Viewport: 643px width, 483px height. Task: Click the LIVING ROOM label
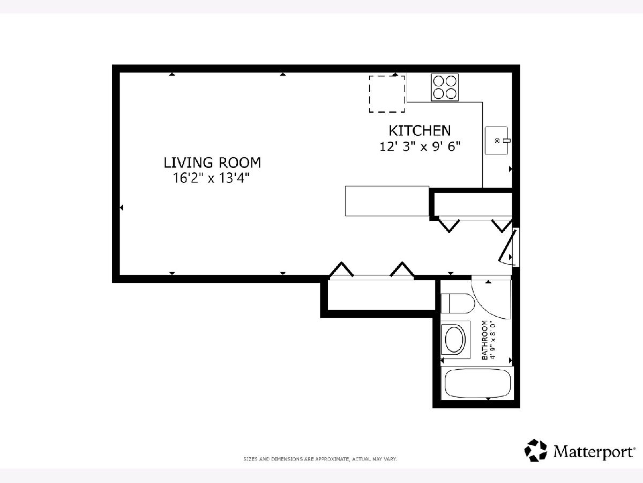(x=212, y=163)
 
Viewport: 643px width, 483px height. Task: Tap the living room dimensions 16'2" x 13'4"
(x=211, y=178)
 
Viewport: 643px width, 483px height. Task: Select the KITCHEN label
(x=420, y=130)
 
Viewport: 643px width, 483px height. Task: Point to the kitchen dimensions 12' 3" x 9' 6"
(x=420, y=146)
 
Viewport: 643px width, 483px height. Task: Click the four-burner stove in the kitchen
(x=445, y=87)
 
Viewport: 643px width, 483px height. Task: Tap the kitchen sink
(x=497, y=141)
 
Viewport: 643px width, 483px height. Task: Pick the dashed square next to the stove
(x=387, y=94)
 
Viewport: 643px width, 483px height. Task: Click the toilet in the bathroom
(x=458, y=304)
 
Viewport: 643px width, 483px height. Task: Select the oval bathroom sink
(x=455, y=339)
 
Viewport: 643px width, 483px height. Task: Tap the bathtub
(x=477, y=383)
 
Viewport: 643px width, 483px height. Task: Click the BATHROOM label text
(x=485, y=340)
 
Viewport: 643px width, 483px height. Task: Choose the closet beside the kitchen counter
(x=473, y=204)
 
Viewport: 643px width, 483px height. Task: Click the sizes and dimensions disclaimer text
(x=320, y=459)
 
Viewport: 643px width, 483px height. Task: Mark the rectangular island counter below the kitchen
(x=387, y=201)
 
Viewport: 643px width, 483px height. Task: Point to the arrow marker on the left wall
(x=122, y=208)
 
